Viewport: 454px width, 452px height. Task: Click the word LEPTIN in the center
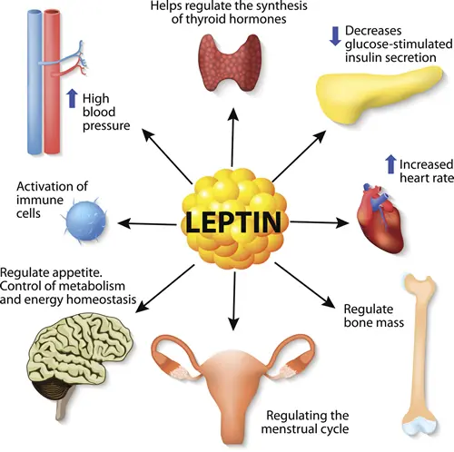[233, 222]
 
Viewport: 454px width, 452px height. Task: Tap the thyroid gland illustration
[230, 63]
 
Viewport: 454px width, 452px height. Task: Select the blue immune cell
[85, 221]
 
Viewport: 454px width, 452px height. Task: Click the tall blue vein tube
[35, 82]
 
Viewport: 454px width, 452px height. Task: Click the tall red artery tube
[52, 82]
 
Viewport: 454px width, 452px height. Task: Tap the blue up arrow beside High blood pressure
[72, 98]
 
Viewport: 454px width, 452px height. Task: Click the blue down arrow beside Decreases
[335, 36]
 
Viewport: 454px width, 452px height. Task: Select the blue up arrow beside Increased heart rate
[390, 164]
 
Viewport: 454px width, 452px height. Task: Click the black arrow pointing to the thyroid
[232, 137]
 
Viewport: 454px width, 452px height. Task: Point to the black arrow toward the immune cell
[147, 224]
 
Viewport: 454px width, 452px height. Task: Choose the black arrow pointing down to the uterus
[234, 301]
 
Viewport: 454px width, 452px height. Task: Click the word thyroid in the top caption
[205, 19]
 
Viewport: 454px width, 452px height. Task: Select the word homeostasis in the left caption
[101, 300]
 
